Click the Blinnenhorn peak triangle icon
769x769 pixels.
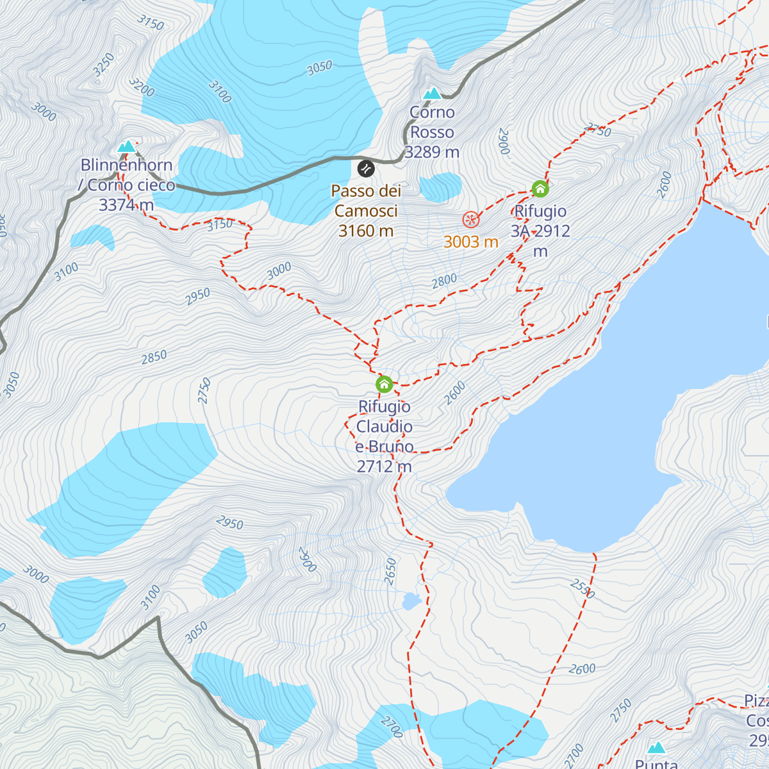point(127,147)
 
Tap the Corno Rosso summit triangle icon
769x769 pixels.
point(433,94)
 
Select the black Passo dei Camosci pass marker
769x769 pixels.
point(366,169)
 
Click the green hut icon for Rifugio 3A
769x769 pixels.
point(540,188)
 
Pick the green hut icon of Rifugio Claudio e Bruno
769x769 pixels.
point(384,384)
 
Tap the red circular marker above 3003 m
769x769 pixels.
point(471,220)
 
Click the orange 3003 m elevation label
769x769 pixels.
point(471,242)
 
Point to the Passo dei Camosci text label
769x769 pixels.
point(366,211)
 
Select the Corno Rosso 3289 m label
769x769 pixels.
point(433,132)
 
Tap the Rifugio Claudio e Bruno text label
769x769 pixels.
point(384,436)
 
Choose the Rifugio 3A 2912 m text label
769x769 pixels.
point(540,231)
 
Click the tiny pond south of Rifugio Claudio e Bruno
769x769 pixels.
point(411,601)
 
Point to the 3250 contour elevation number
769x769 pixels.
point(103,65)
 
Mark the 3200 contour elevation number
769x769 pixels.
point(142,87)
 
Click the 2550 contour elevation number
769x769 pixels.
point(583,589)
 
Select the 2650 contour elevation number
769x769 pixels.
point(390,571)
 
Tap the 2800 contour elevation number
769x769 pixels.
point(444,280)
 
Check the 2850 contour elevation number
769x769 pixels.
point(154,357)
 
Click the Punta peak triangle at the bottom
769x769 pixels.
point(656,748)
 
